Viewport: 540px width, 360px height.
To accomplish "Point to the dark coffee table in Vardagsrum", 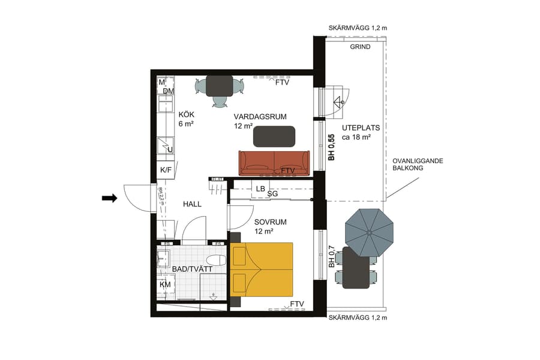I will click(x=274, y=136).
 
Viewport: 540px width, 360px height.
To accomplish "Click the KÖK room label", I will click(x=187, y=115).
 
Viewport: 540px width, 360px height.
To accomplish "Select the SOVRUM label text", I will click(x=270, y=222).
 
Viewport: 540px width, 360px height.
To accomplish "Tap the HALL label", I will click(x=192, y=204).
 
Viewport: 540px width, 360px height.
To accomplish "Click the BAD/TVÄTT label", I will click(x=191, y=270).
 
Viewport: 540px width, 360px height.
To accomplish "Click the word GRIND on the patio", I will click(x=361, y=47).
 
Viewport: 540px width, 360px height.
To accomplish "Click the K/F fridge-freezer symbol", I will click(x=166, y=170).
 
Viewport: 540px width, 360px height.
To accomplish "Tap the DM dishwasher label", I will click(x=168, y=91).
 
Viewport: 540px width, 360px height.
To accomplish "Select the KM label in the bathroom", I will click(x=165, y=284).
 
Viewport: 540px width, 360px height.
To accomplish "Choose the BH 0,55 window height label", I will click(x=331, y=147).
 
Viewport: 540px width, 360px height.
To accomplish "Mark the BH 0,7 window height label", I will click(x=331, y=256).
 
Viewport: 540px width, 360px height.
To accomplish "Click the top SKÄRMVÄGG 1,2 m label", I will click(x=358, y=28).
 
